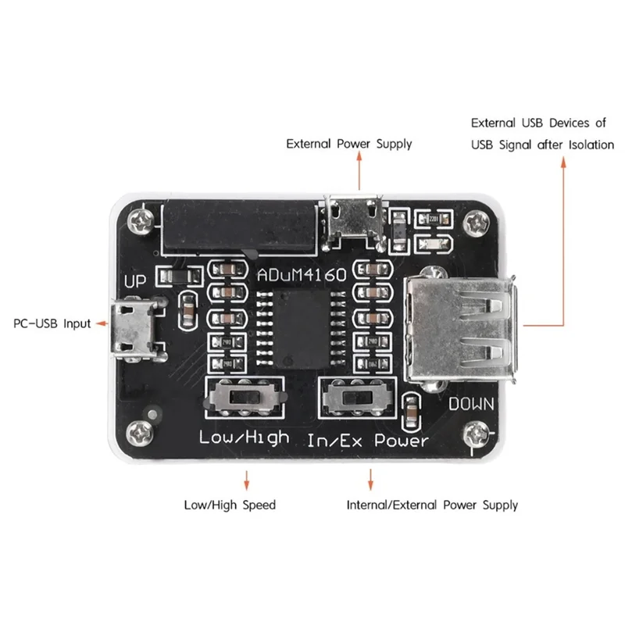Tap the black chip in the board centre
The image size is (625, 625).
coord(302,321)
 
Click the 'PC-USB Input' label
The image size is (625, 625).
coord(52,323)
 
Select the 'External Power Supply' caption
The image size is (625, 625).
coord(349,144)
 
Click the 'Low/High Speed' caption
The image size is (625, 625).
coord(230,505)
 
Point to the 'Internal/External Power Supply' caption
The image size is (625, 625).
coord(432,505)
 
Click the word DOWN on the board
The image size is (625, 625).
coord(473,404)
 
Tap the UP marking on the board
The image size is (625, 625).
coord(136,282)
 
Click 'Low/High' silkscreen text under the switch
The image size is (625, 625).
coord(244,437)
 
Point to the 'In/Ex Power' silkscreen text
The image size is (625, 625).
coord(367,440)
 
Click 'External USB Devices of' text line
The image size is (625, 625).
coord(538,123)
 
